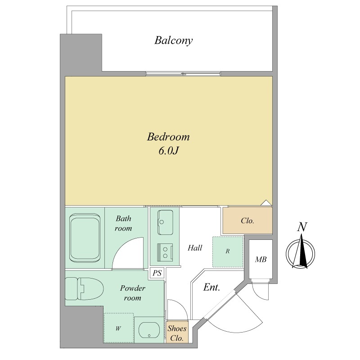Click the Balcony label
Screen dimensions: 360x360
[173, 40]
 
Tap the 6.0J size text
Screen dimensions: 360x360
[168, 151]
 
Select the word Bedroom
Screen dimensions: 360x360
[168, 137]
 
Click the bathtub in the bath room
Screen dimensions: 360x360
[85, 238]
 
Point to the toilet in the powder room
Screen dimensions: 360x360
[84, 288]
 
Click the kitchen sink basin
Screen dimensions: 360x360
[165, 222]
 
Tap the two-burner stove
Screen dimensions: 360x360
[165, 252]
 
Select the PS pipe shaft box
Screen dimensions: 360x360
[157, 273]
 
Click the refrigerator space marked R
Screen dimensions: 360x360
[228, 252]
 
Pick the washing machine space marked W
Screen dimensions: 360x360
[118, 328]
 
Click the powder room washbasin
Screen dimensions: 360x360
[149, 330]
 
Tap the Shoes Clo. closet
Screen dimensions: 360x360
[177, 332]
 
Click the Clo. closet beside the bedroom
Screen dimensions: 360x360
[247, 220]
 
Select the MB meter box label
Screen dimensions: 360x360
[261, 260]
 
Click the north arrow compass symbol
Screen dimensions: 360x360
[300, 253]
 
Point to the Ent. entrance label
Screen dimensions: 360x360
[211, 287]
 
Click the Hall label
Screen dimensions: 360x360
[195, 248]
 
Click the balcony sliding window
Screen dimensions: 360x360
[183, 74]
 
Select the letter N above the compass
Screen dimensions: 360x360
[302, 227]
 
